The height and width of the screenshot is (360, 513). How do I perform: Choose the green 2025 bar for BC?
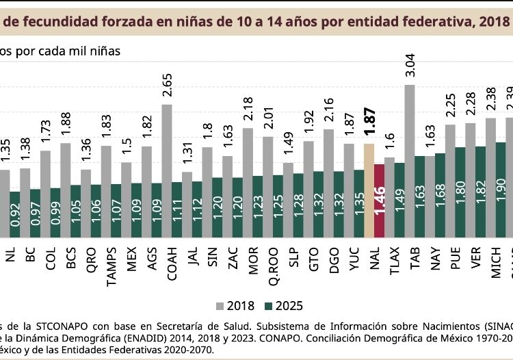pos(35,213)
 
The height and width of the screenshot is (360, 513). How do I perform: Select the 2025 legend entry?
pos(281,305)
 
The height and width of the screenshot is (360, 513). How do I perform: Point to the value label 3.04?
pos(410,68)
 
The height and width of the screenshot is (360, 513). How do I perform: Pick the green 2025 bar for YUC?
pos(359,203)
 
